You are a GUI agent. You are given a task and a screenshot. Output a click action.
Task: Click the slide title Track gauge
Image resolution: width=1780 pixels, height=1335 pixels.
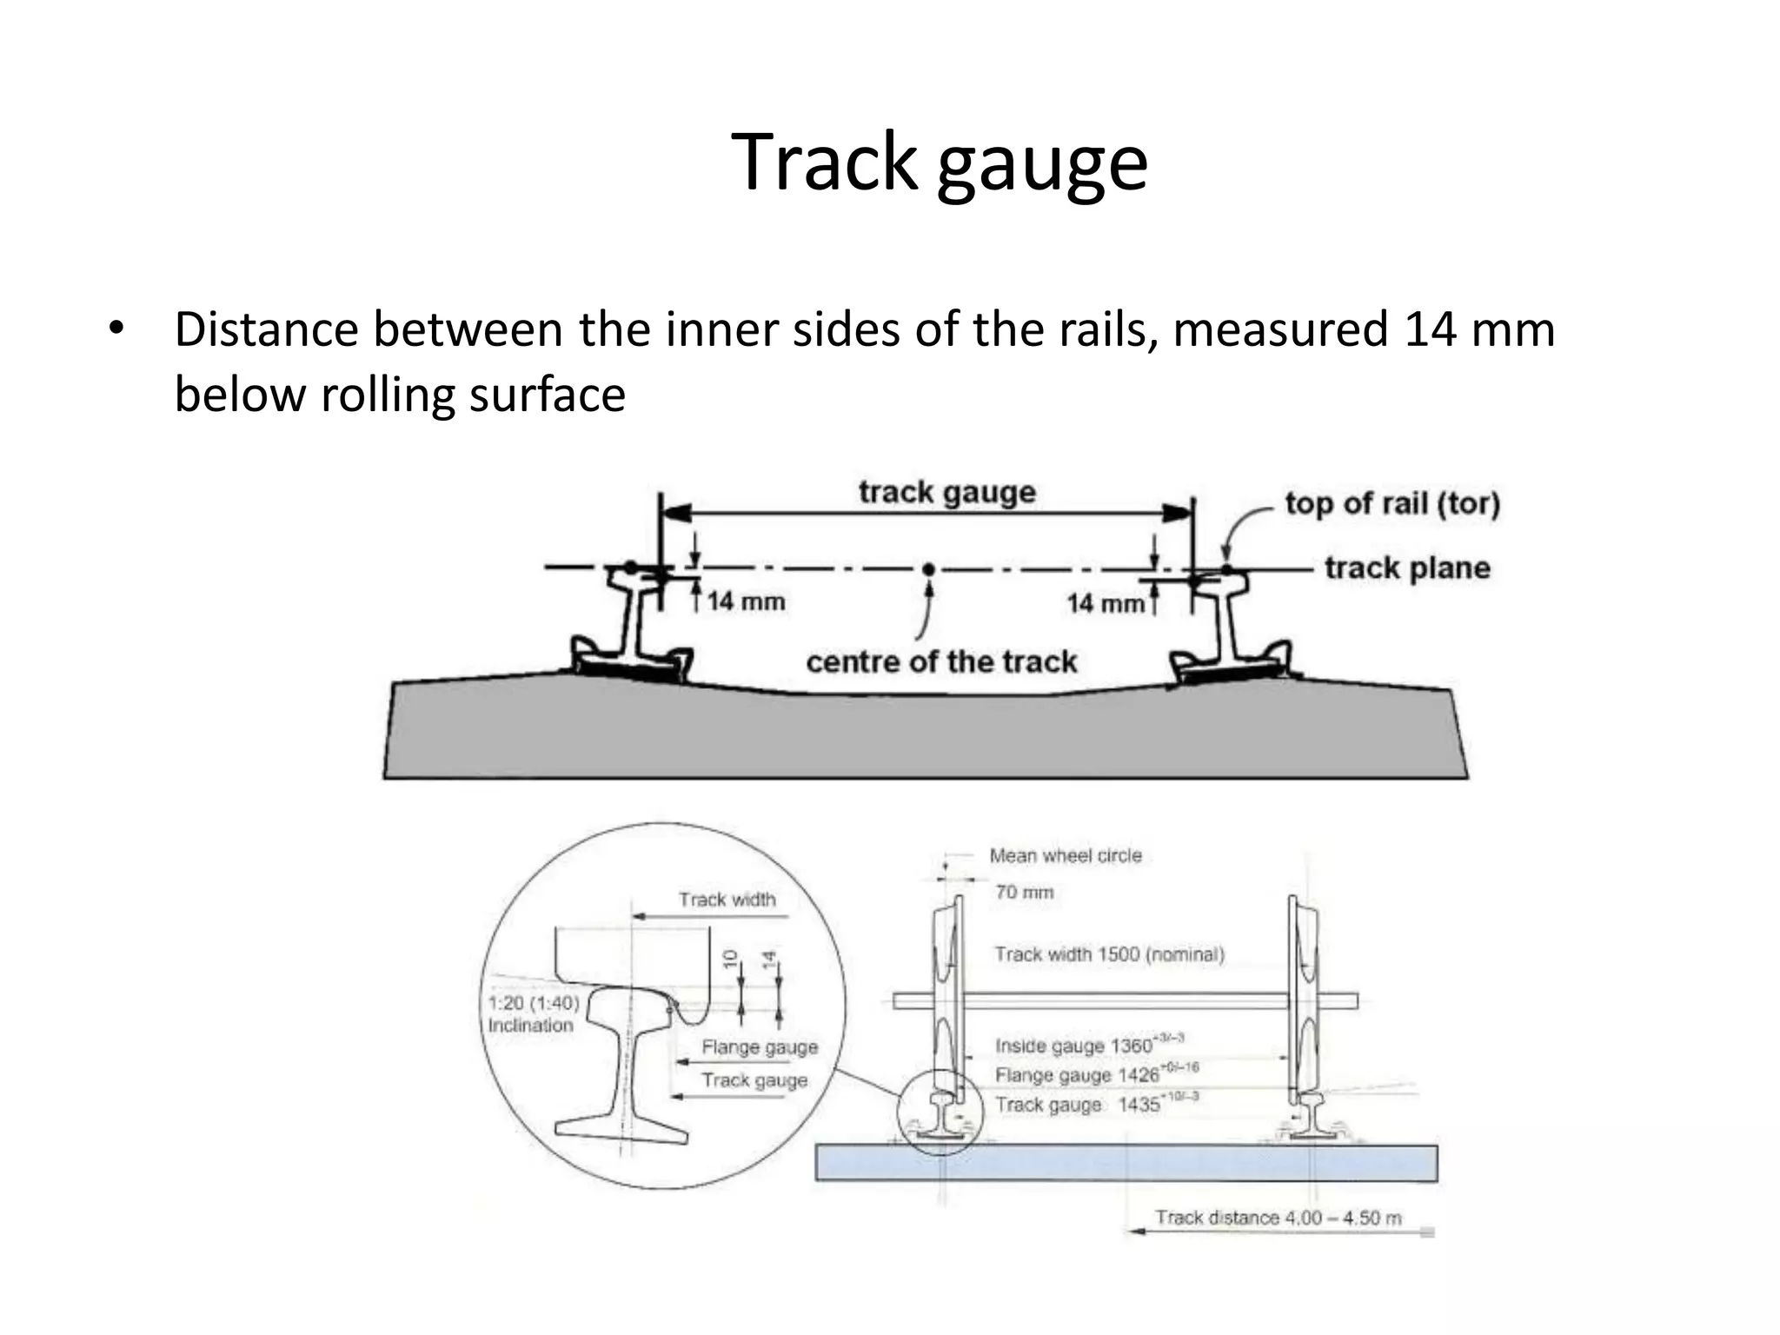[939, 163]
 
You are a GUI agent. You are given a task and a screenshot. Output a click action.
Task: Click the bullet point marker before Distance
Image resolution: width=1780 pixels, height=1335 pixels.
[116, 330]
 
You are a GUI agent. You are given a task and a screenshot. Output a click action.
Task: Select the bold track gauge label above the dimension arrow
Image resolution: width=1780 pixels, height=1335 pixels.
[947, 492]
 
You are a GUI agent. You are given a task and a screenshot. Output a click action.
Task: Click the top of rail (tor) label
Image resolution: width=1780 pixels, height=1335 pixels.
[1392, 503]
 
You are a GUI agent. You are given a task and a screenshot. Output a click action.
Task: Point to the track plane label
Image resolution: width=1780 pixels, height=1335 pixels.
[1407, 568]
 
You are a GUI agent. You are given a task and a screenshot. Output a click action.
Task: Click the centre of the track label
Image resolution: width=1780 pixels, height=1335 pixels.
[941, 662]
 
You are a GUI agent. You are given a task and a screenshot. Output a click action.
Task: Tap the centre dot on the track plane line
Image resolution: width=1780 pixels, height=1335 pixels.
[928, 569]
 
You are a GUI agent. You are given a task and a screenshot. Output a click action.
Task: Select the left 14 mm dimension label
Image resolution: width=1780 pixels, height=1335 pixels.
[746, 601]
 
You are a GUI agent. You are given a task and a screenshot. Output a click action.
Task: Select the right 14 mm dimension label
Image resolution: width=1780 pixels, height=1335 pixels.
[1106, 603]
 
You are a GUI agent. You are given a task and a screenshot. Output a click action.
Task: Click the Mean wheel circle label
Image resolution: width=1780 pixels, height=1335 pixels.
[1066, 856]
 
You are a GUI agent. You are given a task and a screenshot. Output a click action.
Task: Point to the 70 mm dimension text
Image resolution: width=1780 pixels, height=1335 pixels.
[1024, 893]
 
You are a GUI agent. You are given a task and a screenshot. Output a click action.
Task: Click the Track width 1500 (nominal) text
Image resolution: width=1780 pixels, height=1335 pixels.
[1109, 954]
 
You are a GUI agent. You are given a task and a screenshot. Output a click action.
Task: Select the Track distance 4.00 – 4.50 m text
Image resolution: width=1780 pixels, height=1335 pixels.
[1278, 1218]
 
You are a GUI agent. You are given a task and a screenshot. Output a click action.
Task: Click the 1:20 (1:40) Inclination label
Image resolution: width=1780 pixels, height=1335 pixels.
[533, 1014]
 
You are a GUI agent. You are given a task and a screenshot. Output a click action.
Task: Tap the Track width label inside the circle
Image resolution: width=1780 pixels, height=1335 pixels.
[727, 900]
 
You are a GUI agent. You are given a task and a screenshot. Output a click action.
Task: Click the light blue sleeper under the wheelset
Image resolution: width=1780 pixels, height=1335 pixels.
[1126, 1164]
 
